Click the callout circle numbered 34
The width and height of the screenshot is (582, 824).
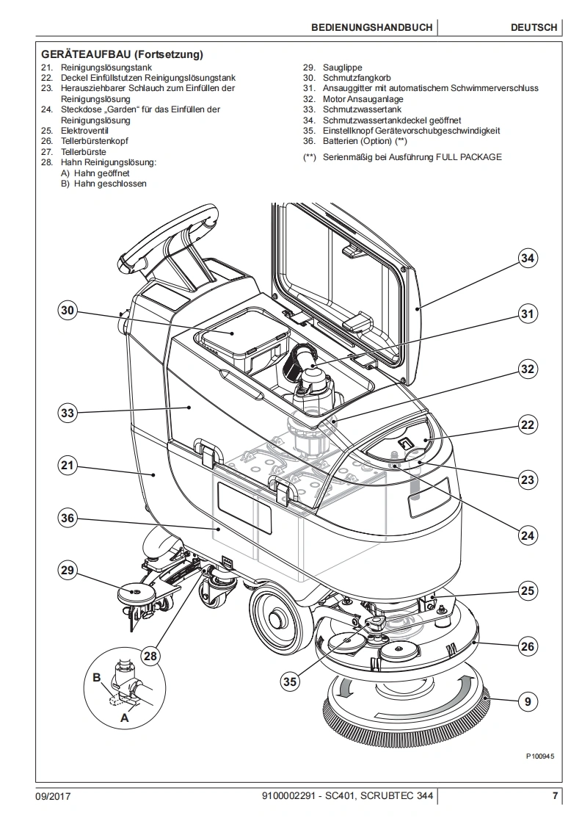click(x=527, y=258)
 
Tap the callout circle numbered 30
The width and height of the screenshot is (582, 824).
click(x=68, y=311)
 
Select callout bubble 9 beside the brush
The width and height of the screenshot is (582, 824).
click(x=527, y=701)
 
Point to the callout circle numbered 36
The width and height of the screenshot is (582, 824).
click(x=68, y=518)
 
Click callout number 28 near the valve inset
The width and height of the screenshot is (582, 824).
click(x=150, y=656)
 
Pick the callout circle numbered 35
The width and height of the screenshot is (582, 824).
click(x=290, y=681)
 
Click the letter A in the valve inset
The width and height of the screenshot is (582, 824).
click(x=124, y=718)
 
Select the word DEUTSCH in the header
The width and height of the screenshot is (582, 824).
click(x=534, y=27)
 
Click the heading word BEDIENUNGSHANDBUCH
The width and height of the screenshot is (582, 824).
click(x=371, y=27)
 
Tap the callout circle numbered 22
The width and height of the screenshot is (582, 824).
click(x=527, y=424)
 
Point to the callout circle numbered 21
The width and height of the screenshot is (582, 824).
click(x=68, y=465)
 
